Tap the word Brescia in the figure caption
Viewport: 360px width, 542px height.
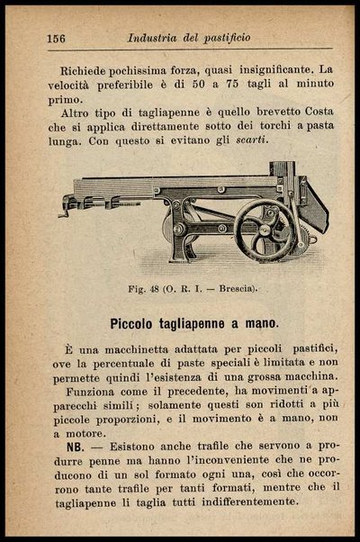tap(233, 288)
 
